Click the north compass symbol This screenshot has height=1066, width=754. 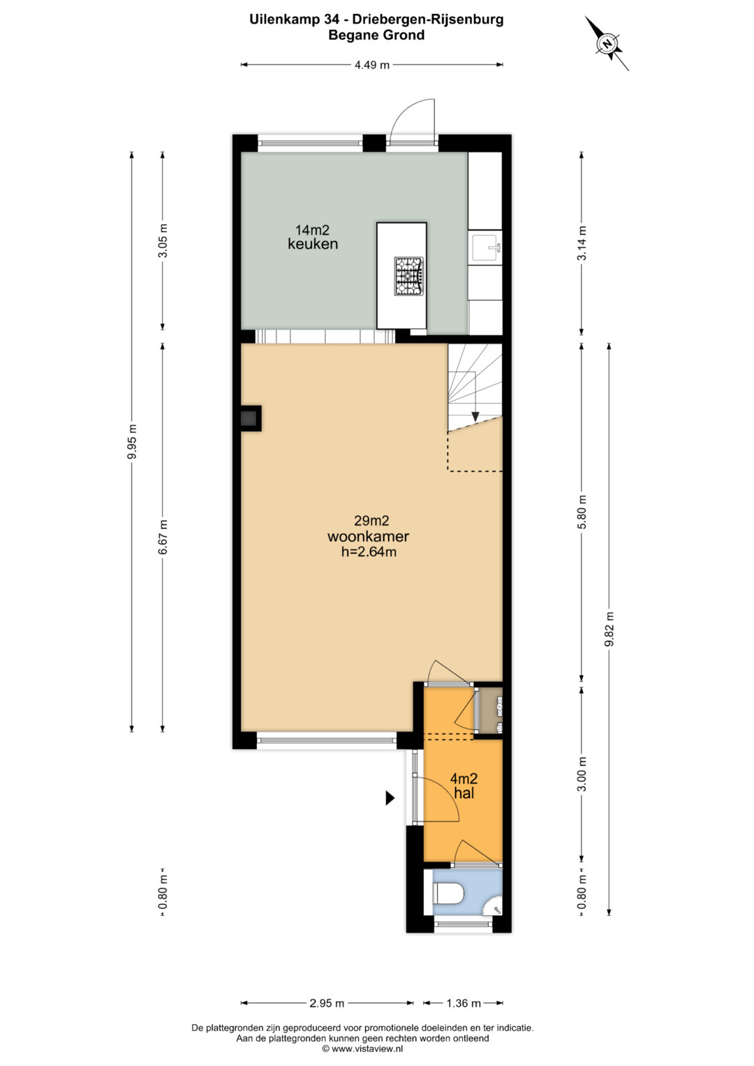[607, 43]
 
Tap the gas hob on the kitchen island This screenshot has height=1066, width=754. [408, 276]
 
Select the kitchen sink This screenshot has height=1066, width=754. [485, 246]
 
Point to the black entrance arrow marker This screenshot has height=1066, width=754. [390, 798]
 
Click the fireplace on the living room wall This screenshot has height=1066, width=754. [249, 419]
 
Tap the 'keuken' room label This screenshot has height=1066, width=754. [313, 244]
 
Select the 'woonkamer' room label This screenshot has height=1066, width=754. [368, 537]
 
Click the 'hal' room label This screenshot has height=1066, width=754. [464, 793]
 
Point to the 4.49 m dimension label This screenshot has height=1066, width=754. [371, 65]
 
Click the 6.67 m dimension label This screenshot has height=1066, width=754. [163, 537]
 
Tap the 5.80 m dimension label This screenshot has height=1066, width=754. [582, 512]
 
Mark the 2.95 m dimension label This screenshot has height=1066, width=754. [327, 1004]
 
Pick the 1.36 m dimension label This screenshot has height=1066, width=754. [463, 1004]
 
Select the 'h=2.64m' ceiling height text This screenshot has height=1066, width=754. [369, 552]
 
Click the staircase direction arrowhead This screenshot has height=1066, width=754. [475, 416]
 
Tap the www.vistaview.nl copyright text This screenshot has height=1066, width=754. [363, 1049]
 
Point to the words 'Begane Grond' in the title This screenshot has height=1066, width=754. [376, 35]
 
